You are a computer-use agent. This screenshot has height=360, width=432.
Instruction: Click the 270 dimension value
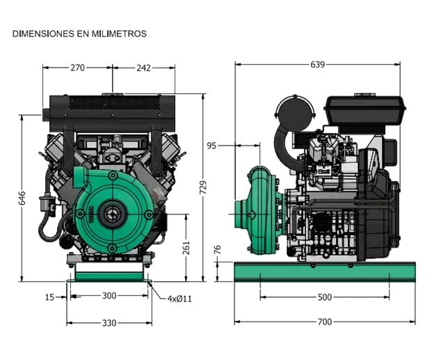(78, 68)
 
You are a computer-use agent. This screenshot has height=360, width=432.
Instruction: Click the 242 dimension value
(143, 68)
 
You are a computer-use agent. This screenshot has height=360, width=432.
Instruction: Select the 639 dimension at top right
(317, 65)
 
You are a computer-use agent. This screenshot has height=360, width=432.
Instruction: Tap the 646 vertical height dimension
(22, 198)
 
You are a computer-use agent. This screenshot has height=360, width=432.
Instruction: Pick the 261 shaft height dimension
(186, 248)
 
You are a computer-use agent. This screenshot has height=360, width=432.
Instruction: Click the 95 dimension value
(211, 146)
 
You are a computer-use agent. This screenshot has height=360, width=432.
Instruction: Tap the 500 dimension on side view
(324, 298)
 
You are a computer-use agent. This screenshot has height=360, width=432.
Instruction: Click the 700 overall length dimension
(324, 322)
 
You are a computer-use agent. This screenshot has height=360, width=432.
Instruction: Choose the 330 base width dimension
(109, 323)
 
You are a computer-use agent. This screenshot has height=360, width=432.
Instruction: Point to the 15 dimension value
(50, 298)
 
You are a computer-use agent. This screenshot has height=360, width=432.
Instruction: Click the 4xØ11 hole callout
(179, 299)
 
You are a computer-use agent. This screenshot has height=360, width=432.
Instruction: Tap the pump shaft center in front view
(112, 214)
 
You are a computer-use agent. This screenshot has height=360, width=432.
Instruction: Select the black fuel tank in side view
(365, 109)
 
